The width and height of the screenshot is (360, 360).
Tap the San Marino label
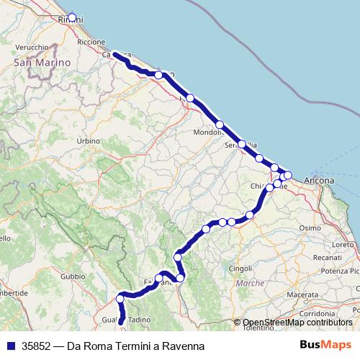(x=41, y=63)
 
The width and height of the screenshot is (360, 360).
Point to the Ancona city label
(x=319, y=179)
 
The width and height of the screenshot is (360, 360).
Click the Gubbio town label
(x=73, y=276)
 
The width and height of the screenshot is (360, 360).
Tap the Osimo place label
(x=310, y=228)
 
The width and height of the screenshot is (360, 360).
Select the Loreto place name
(x=343, y=245)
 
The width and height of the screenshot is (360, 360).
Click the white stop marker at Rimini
(x=71, y=17)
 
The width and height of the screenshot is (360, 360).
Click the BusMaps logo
(x=325, y=346)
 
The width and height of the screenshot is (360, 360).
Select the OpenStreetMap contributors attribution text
(x=297, y=323)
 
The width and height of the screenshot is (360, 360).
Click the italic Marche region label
(x=251, y=284)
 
